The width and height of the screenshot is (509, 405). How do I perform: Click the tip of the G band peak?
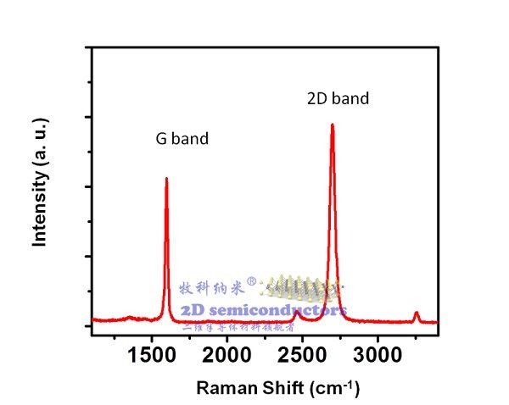pyautogui.click(x=166, y=179)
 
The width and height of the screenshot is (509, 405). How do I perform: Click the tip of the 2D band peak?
pyautogui.click(x=332, y=125)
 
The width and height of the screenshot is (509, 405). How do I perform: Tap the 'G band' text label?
pyautogui.click(x=182, y=139)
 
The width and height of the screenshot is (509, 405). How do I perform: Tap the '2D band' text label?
pyautogui.click(x=338, y=98)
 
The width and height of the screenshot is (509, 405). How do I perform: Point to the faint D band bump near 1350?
pyautogui.click(x=129, y=318)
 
